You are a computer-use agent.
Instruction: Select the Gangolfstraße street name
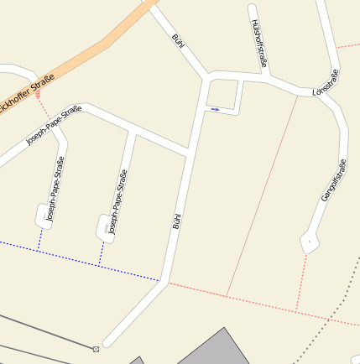333,180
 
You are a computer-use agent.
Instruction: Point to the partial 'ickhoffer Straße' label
28,95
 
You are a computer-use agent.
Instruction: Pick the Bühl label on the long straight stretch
177,221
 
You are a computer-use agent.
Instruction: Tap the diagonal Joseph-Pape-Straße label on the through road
54,125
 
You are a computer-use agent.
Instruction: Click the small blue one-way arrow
216,109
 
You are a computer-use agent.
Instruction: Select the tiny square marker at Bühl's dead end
96,348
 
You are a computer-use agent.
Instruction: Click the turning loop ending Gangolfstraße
310,242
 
